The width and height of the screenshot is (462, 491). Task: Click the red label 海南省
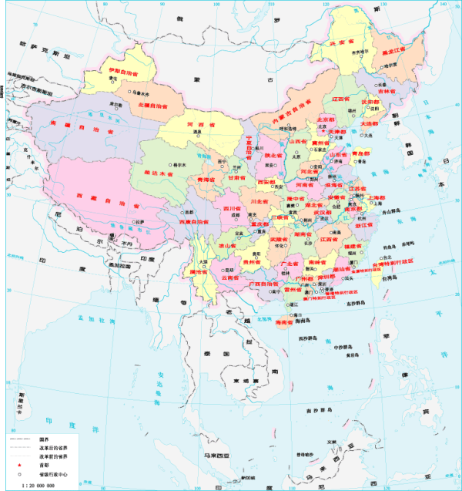click(287, 325)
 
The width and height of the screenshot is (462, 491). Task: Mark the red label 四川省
click(232, 207)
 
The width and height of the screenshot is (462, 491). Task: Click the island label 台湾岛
click(390, 277)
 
